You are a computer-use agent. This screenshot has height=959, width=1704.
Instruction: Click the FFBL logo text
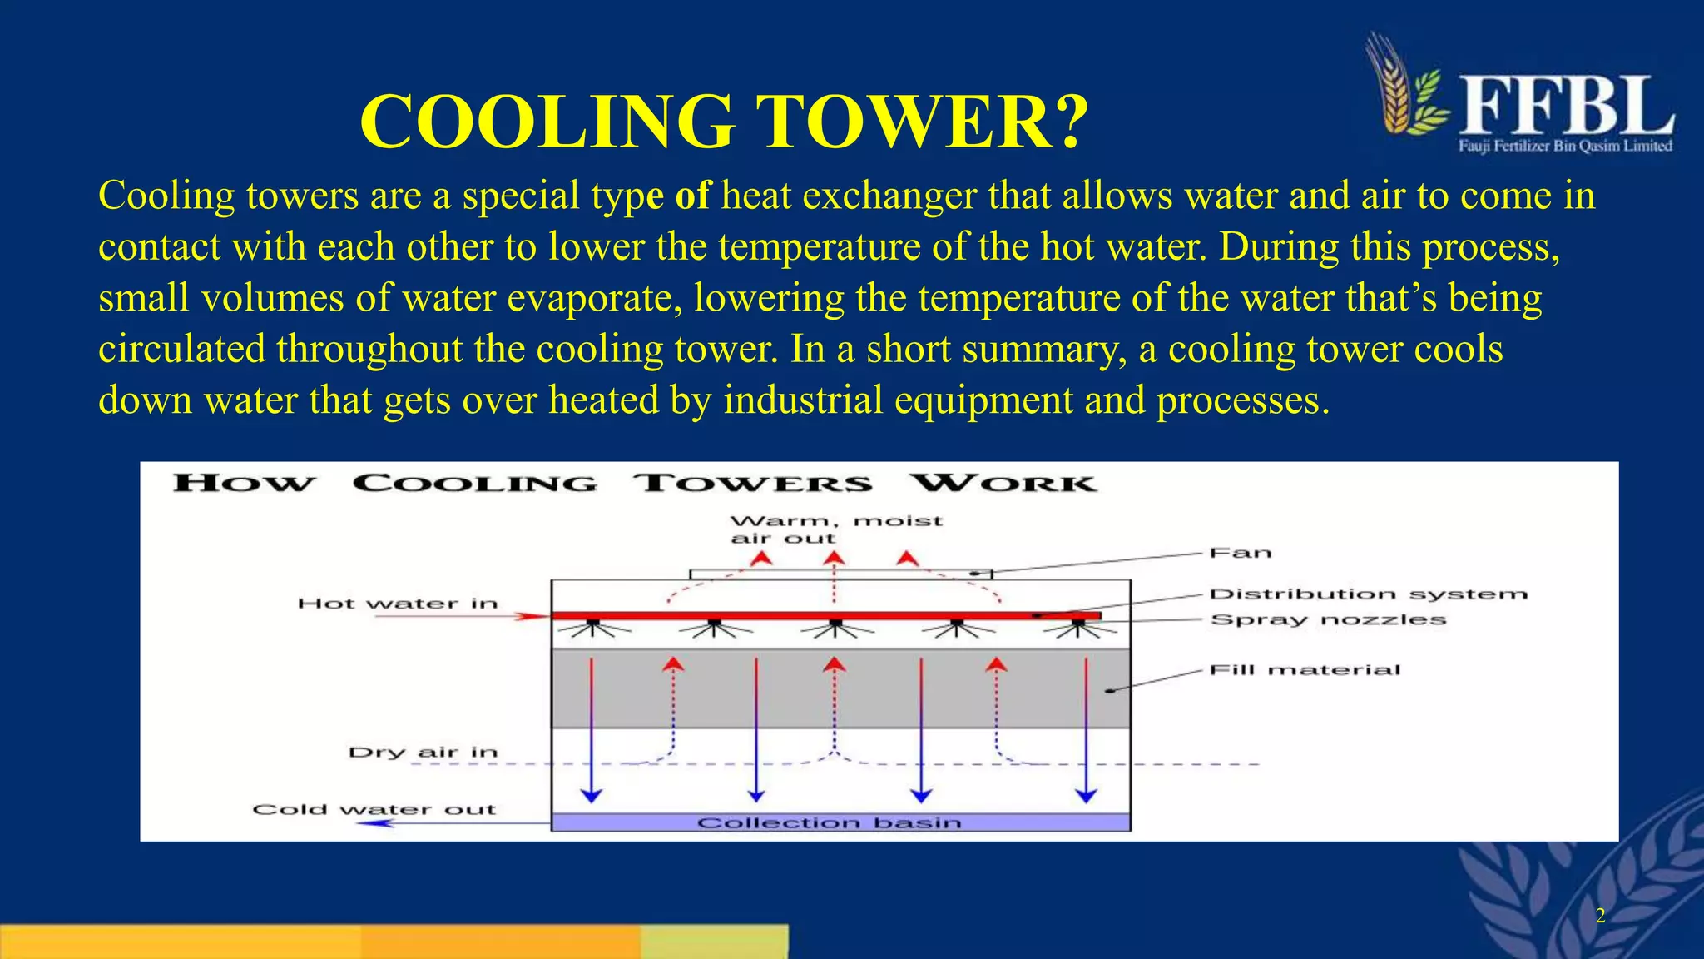click(x=1566, y=107)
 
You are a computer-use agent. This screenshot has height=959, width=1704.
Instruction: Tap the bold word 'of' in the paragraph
click(x=692, y=196)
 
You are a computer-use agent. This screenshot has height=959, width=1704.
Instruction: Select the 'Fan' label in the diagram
click(x=1240, y=554)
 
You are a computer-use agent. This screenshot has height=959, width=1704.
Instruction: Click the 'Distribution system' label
click(x=1368, y=594)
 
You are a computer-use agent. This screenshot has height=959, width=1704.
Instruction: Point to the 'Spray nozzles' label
click(x=1328, y=620)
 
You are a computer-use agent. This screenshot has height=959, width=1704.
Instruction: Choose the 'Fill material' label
click(x=1305, y=670)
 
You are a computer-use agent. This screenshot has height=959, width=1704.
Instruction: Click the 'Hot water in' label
click(x=398, y=604)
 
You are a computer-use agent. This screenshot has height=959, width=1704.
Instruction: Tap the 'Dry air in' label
click(x=423, y=753)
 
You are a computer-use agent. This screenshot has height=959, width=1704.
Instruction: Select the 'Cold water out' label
click(x=374, y=809)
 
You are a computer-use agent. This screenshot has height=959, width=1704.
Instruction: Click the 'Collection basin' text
click(x=829, y=823)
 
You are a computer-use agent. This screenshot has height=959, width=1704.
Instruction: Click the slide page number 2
click(x=1600, y=917)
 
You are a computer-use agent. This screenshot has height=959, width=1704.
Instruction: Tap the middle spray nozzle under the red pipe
click(x=835, y=624)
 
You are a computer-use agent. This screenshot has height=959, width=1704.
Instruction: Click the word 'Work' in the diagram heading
click(x=1003, y=484)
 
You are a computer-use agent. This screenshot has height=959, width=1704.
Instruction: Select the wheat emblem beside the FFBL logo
click(x=1406, y=87)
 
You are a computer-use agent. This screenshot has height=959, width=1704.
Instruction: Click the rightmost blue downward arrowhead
click(x=1086, y=795)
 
